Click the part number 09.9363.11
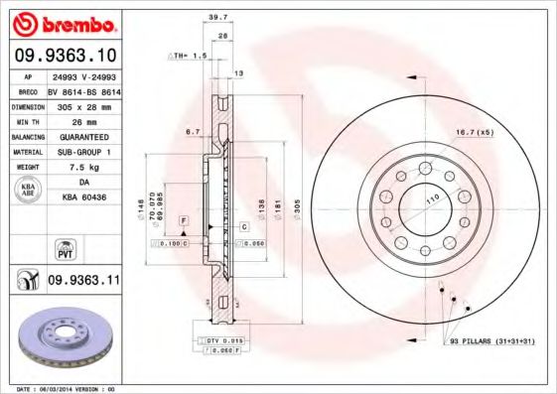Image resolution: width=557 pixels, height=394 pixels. (83, 282)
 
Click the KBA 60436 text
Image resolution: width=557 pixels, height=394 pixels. (83, 198)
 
